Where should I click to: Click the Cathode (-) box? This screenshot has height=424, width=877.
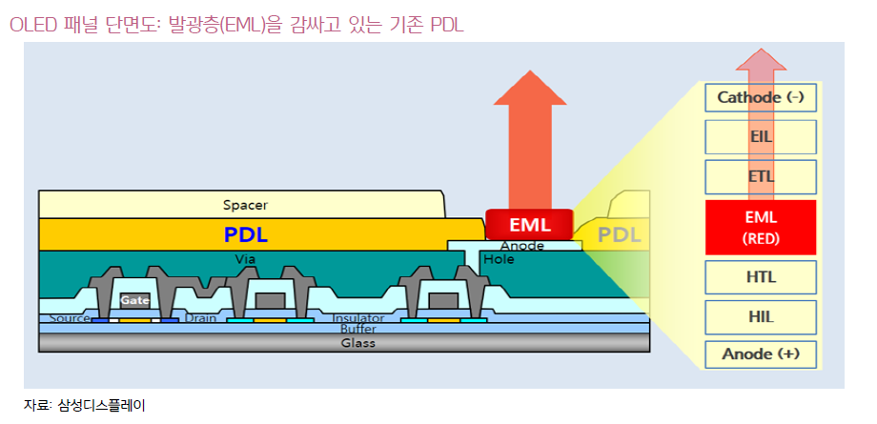[x=761, y=97]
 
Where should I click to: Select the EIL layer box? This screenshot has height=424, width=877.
[x=761, y=137]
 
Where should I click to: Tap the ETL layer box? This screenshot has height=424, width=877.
[x=761, y=177]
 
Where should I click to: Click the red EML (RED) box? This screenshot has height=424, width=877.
[x=761, y=227]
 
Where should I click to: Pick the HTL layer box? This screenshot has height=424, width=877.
[x=761, y=277]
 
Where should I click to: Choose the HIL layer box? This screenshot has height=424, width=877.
[x=761, y=317]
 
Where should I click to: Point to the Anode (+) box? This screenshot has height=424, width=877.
[x=761, y=354]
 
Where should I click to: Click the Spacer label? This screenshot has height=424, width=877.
[x=245, y=205]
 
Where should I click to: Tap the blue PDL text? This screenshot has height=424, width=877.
[x=246, y=235]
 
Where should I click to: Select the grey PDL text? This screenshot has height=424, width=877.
[x=620, y=235]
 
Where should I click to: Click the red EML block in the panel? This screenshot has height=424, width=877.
[x=530, y=225]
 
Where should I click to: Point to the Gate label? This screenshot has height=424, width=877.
[x=134, y=300]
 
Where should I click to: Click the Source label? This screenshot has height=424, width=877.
[x=70, y=318]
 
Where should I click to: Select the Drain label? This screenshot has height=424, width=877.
[x=200, y=318]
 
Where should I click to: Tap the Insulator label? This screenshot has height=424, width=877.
[x=358, y=318]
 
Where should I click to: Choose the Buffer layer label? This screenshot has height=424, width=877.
[x=358, y=329]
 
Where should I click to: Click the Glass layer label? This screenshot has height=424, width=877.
[x=358, y=343]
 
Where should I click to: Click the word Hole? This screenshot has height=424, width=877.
[x=499, y=259]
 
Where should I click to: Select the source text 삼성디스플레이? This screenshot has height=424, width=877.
[x=101, y=406]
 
